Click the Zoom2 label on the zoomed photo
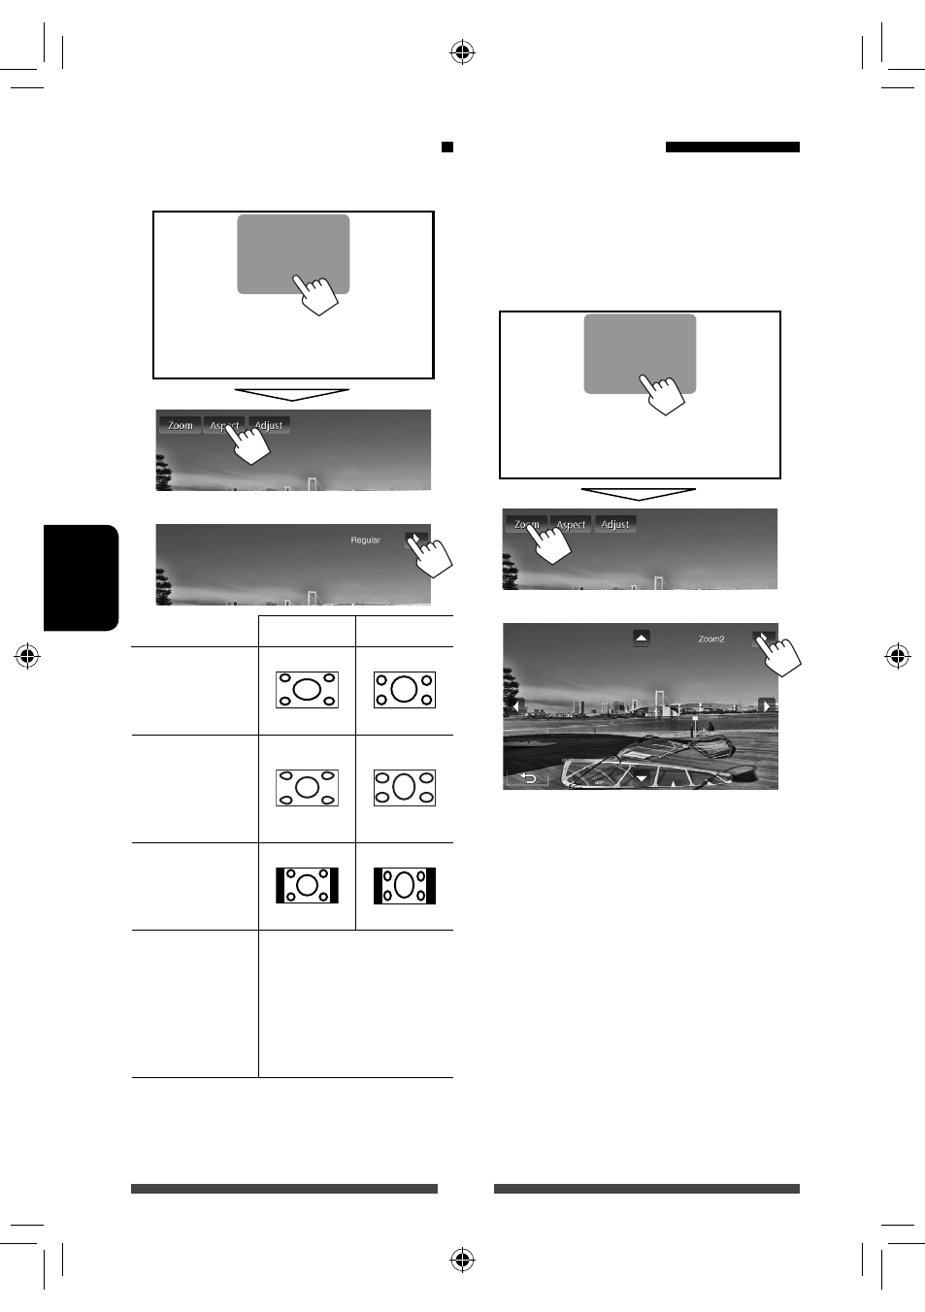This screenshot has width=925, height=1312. click(710, 639)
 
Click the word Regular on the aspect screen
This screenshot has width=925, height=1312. click(365, 540)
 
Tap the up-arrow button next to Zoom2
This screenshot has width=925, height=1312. click(642, 638)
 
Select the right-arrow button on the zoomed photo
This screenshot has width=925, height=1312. click(766, 705)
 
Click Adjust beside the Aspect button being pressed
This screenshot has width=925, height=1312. click(269, 425)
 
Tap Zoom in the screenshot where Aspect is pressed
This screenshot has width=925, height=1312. click(180, 425)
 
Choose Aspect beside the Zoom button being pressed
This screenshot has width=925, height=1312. click(571, 524)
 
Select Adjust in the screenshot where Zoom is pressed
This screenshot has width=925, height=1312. click(615, 524)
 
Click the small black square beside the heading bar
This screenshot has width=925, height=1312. click(447, 147)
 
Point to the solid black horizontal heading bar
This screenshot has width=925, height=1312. click(732, 147)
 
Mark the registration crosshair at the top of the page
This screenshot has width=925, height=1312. click(462, 52)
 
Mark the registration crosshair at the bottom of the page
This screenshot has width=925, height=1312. click(462, 1260)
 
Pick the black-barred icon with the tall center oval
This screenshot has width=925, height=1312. click(405, 885)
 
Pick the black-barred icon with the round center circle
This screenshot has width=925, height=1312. click(307, 885)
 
